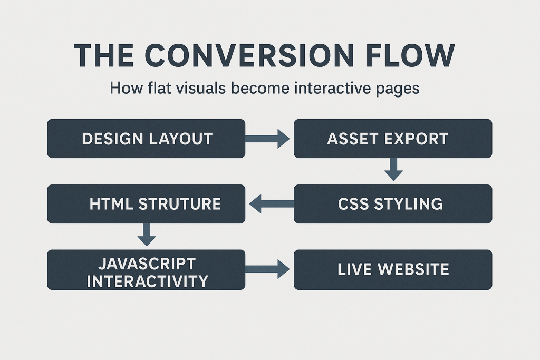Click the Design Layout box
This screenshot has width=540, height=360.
pyautogui.click(x=146, y=139)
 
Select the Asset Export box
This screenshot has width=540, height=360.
pyautogui.click(x=392, y=139)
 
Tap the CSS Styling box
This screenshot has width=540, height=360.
pyautogui.click(x=392, y=204)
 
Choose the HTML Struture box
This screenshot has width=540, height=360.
pyautogui.click(x=146, y=204)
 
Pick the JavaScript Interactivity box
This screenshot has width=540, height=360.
pyautogui.click(x=146, y=270)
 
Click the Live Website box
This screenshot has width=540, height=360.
pyautogui.click(x=392, y=270)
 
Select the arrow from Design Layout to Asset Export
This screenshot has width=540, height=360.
pyautogui.click(x=268, y=139)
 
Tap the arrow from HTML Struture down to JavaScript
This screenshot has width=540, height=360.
pyautogui.click(x=146, y=234)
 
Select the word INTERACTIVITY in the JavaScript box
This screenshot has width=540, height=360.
pyautogui.click(x=147, y=281)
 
